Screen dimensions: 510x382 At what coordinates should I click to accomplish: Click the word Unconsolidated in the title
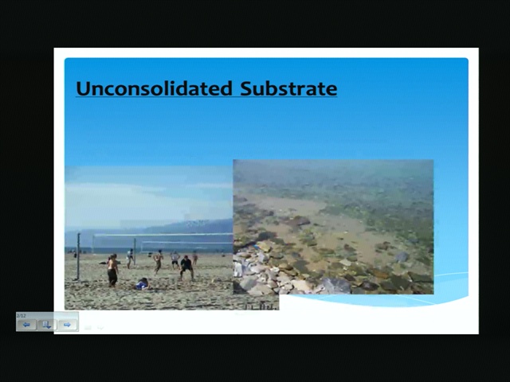(x=154, y=88)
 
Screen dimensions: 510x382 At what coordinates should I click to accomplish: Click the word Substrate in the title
(x=288, y=88)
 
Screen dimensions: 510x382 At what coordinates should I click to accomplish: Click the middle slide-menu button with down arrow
(x=47, y=325)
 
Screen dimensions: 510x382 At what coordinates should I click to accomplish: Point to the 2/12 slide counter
(x=22, y=316)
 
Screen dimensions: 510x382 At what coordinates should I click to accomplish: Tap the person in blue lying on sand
(x=142, y=284)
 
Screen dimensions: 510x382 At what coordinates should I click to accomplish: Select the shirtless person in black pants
(x=112, y=271)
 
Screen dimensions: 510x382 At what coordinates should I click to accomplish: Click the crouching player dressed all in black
(x=186, y=267)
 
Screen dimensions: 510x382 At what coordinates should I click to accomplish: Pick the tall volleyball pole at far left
(x=78, y=256)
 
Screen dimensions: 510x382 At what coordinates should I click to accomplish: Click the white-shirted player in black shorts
(x=175, y=260)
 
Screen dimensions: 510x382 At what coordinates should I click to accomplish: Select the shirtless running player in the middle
(x=159, y=261)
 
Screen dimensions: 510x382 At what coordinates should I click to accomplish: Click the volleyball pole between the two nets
(x=135, y=251)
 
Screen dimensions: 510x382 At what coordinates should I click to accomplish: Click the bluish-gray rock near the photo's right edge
(x=402, y=256)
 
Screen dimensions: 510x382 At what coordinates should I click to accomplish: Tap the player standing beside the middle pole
(x=130, y=258)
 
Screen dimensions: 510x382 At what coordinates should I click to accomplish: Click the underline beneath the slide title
(x=206, y=96)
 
